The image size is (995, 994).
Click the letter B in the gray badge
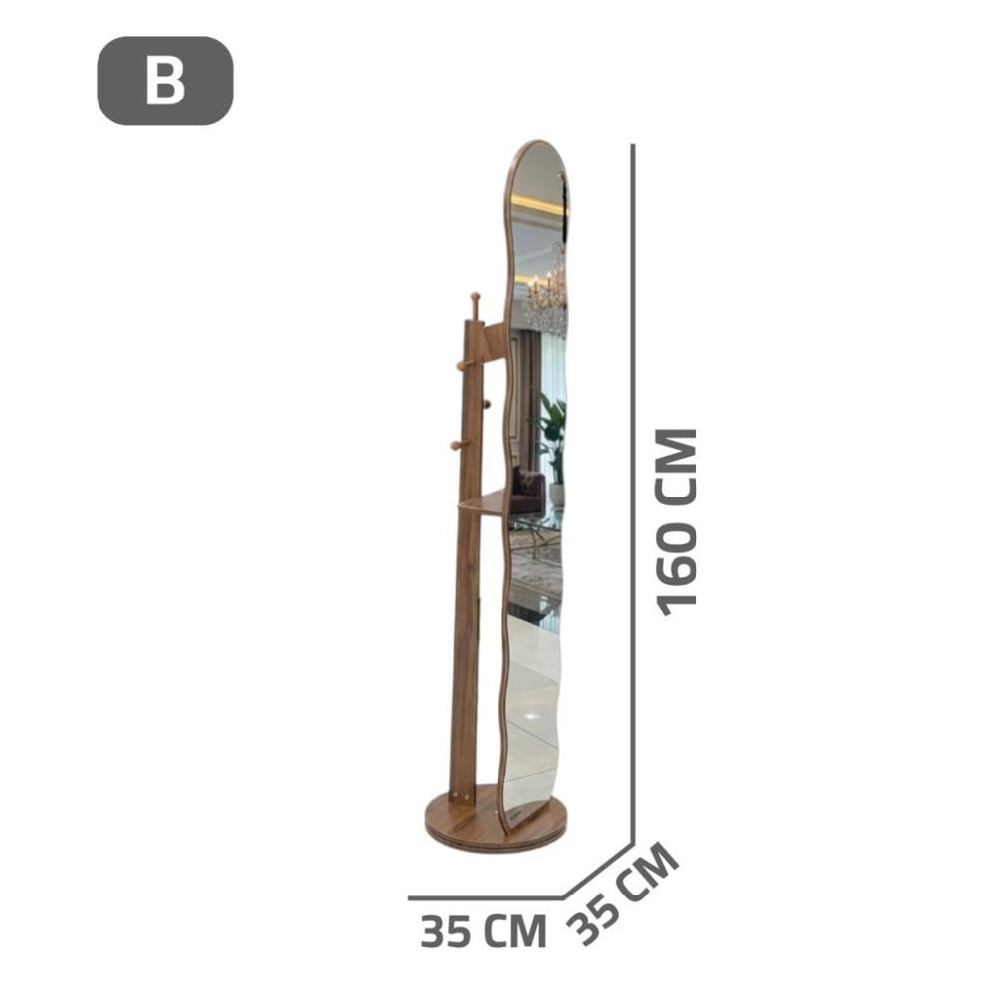tap(165, 81)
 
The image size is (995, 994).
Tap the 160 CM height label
tap(677, 522)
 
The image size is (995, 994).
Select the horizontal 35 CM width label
tap(483, 931)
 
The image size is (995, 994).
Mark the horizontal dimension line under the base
tap(486, 898)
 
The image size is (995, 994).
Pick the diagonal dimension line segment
tap(598, 871)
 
